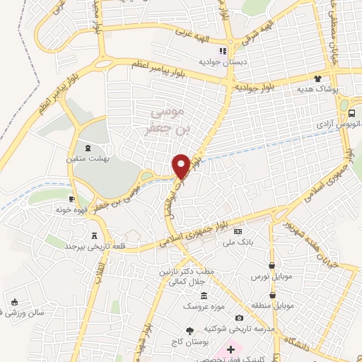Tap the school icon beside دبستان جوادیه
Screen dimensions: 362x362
(223, 51)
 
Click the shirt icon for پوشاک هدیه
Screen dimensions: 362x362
(318, 79)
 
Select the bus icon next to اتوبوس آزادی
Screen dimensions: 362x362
(352, 112)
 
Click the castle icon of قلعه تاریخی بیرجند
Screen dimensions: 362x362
(95, 235)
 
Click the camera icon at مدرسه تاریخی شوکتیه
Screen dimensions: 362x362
(239, 317)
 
